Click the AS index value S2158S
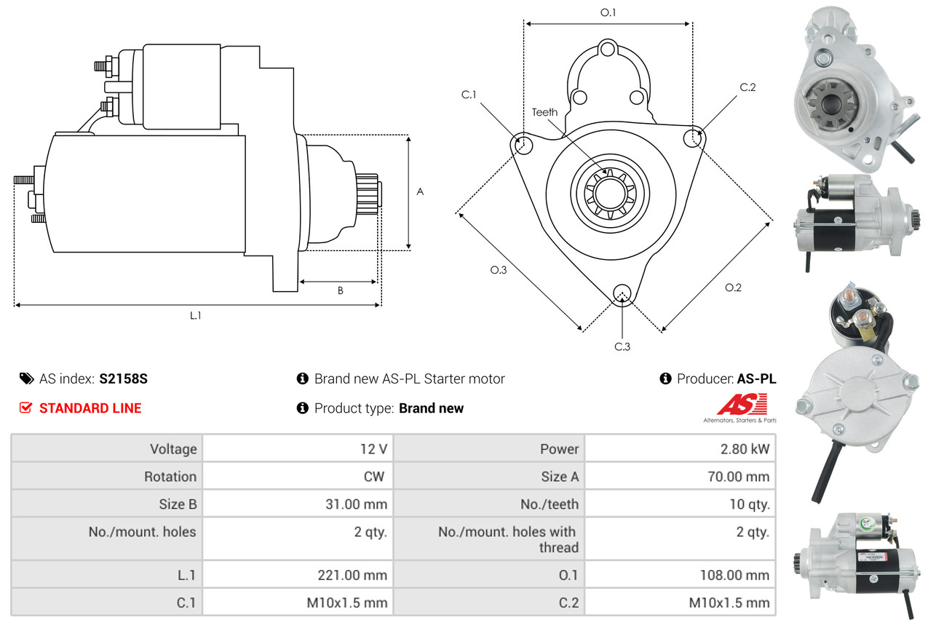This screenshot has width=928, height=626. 124,379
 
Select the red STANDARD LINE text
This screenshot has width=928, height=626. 90,408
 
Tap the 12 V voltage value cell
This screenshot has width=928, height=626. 373,449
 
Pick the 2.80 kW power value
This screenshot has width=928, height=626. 745,449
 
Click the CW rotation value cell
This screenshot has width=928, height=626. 374,477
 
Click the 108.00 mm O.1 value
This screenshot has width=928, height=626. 734,575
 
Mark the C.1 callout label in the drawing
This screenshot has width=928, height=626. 468,95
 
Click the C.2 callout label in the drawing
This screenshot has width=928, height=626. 747,87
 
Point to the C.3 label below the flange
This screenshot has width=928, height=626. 622,346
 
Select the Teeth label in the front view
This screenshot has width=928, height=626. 544,112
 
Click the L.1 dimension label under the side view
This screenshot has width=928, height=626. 195,315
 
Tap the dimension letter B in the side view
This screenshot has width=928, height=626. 340,290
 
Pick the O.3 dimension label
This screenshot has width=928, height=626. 498,270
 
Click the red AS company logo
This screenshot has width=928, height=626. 742,405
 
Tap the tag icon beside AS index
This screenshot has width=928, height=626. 26,379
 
